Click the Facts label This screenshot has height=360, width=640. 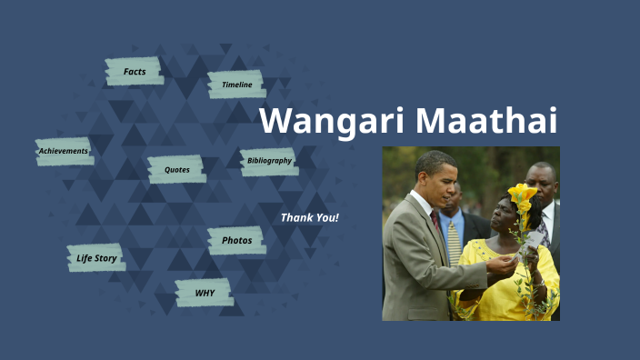point(135,71)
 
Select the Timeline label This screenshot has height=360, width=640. point(236,85)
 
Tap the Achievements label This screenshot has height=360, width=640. point(64,151)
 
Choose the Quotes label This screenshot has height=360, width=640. point(176,169)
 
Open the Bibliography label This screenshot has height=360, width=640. point(269,161)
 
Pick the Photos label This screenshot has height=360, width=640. point(236,240)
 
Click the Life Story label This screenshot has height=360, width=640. point(96,258)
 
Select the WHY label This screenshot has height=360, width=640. point(205,293)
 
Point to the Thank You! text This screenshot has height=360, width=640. point(309,218)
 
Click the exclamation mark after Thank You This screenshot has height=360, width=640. point(336,218)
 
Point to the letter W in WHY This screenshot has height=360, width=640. point(199,293)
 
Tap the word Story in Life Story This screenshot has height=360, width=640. point(107,258)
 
